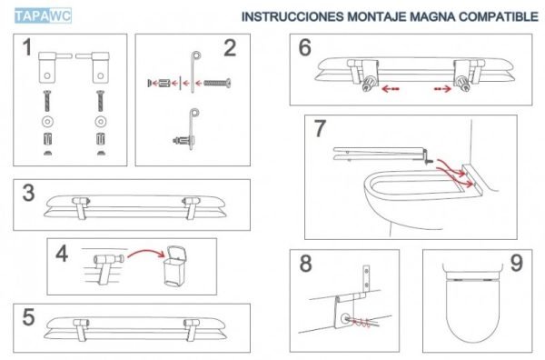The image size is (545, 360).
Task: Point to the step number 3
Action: click(29, 193)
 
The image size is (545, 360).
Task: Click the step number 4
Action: click(62, 253)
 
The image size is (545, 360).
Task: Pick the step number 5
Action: click(29, 318)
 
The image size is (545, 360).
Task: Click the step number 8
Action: click(305, 265)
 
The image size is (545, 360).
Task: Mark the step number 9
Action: click(515, 265)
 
